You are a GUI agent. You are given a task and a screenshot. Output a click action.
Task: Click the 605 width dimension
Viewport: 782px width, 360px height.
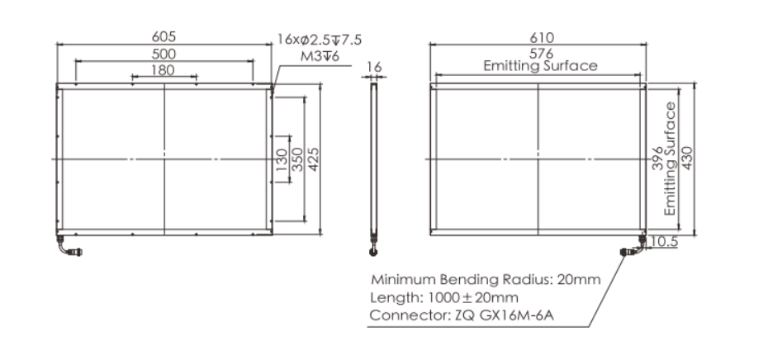click(x=164, y=37)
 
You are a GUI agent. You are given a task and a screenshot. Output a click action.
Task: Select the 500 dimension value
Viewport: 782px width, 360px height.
click(x=164, y=54)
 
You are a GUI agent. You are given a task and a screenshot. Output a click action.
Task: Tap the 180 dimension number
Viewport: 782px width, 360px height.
click(x=163, y=70)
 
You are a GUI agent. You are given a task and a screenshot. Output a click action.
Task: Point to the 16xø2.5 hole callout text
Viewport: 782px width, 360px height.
click(x=320, y=40)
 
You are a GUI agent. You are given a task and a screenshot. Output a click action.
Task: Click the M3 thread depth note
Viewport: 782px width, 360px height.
click(x=320, y=56)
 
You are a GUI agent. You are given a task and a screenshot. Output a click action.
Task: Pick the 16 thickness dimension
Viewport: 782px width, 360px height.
click(x=374, y=68)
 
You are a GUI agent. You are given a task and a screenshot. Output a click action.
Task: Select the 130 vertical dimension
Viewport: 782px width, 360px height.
click(x=282, y=159)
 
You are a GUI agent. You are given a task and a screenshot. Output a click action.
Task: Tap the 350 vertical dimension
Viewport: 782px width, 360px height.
click(x=297, y=159)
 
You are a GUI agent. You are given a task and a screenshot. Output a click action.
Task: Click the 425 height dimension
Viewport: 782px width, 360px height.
click(x=313, y=159)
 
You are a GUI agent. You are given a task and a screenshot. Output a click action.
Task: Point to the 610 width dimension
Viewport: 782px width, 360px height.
click(x=542, y=38)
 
